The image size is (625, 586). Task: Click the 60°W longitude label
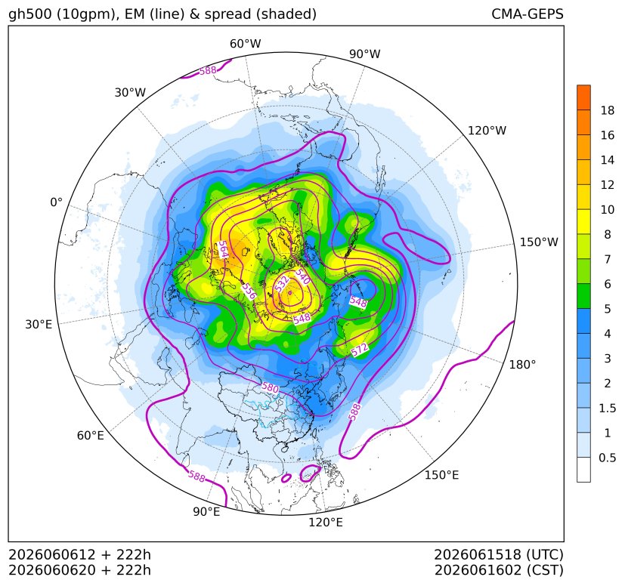click(x=245, y=44)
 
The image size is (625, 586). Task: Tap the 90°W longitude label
click(x=365, y=54)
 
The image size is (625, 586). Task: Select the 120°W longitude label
click(x=487, y=131)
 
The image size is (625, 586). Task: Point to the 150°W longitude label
click(x=539, y=242)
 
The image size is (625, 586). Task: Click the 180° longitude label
click(x=522, y=365)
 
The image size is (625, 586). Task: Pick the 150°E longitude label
click(x=441, y=475)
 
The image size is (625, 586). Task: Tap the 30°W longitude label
click(x=130, y=92)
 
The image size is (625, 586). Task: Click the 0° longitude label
click(x=57, y=202)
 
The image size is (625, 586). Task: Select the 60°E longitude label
click(x=91, y=436)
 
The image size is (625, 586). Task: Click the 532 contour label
click(x=282, y=284)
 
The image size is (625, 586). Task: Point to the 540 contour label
click(x=302, y=276)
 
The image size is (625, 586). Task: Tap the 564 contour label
click(x=223, y=250)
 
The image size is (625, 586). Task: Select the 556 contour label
click(x=249, y=291)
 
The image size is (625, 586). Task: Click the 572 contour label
click(x=360, y=350)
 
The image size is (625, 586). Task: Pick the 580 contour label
click(x=271, y=387)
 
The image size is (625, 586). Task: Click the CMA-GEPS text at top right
click(x=528, y=14)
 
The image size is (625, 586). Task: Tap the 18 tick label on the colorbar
click(x=608, y=110)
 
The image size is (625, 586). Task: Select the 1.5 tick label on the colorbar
click(x=608, y=408)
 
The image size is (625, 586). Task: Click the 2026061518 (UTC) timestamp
click(x=499, y=554)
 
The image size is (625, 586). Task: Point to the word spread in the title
click(x=227, y=14)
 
